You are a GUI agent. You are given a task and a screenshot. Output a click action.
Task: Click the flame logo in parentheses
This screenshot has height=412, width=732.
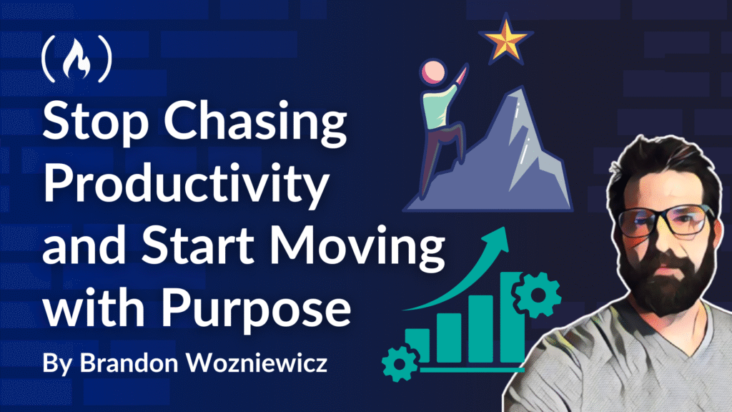(x=77, y=59)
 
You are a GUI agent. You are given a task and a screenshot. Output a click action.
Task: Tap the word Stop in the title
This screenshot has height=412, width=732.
(x=96, y=120)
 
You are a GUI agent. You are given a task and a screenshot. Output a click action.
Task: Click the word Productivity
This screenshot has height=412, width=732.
(x=187, y=184)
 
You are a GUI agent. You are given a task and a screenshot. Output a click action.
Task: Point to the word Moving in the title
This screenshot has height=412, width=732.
(x=357, y=247)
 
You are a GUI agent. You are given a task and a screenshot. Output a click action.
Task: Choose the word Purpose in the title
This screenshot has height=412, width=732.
(x=256, y=309)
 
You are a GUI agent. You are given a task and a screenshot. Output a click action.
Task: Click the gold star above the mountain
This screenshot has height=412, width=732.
(x=505, y=39)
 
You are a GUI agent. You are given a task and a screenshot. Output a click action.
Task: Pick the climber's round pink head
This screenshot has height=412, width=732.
(x=434, y=73)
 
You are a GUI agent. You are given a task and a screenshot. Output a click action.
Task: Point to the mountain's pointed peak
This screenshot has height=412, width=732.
(x=520, y=89)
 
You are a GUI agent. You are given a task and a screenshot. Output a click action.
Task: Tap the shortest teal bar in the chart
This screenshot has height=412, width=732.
(x=417, y=345)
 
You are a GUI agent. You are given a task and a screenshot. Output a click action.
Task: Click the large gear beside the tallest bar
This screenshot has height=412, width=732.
(x=538, y=295)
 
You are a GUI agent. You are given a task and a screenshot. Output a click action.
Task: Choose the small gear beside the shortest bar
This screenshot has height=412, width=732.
(x=400, y=363)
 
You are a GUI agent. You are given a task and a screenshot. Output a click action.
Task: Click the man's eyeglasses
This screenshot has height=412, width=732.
(x=666, y=222)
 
